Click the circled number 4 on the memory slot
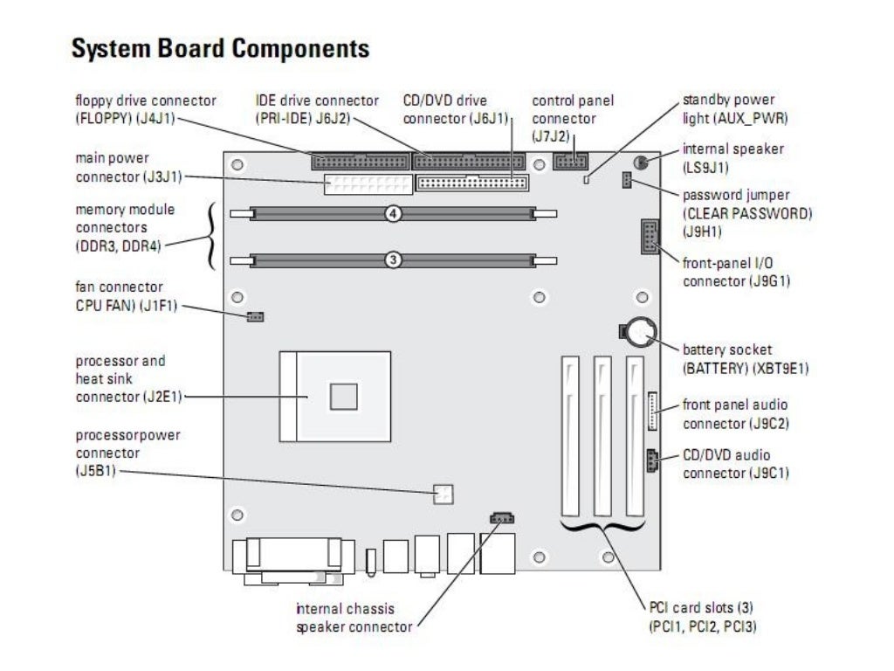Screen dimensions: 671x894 (x=394, y=212)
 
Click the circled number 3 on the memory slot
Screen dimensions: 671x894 (x=394, y=259)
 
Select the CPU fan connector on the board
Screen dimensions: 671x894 (x=255, y=315)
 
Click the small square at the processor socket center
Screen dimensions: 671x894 (x=344, y=396)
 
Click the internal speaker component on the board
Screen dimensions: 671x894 (x=640, y=163)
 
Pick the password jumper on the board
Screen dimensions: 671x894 (x=626, y=181)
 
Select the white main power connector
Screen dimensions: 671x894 (x=368, y=184)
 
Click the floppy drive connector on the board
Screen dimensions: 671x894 (x=360, y=162)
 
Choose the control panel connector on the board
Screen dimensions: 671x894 (x=571, y=161)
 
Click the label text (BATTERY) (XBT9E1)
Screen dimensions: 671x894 (x=746, y=369)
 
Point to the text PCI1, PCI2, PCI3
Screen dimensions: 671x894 (x=702, y=626)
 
